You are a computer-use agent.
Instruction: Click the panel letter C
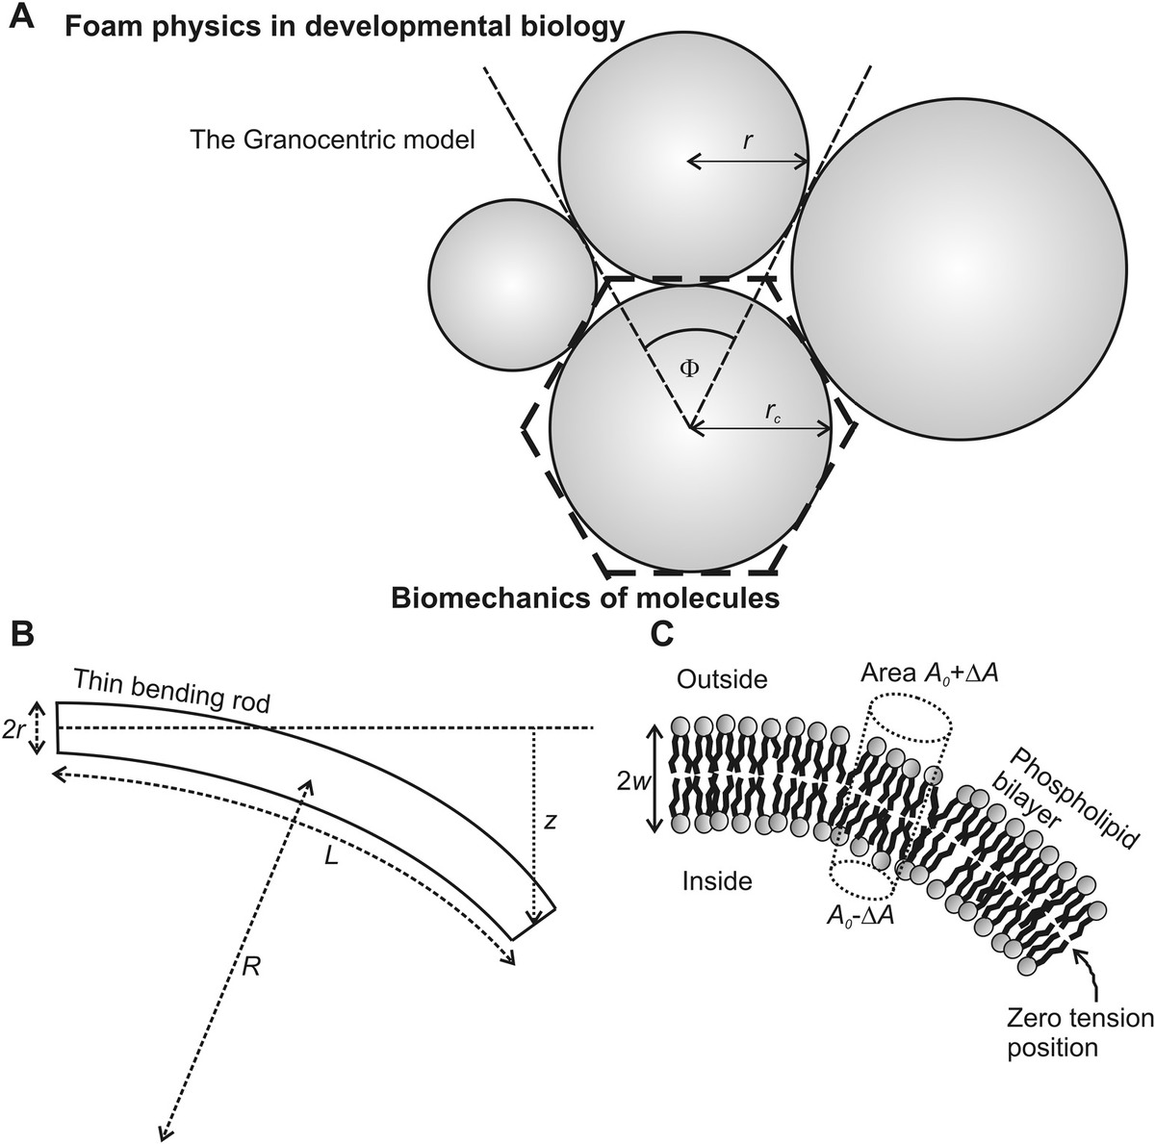(x=663, y=634)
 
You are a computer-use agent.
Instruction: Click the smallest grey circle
(x=511, y=284)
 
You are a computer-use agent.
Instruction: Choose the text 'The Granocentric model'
(x=333, y=140)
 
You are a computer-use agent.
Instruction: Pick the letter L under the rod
(x=330, y=855)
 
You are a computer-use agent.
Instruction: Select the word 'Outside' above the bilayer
(x=722, y=679)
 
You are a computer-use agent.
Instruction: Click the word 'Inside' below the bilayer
(x=716, y=879)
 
